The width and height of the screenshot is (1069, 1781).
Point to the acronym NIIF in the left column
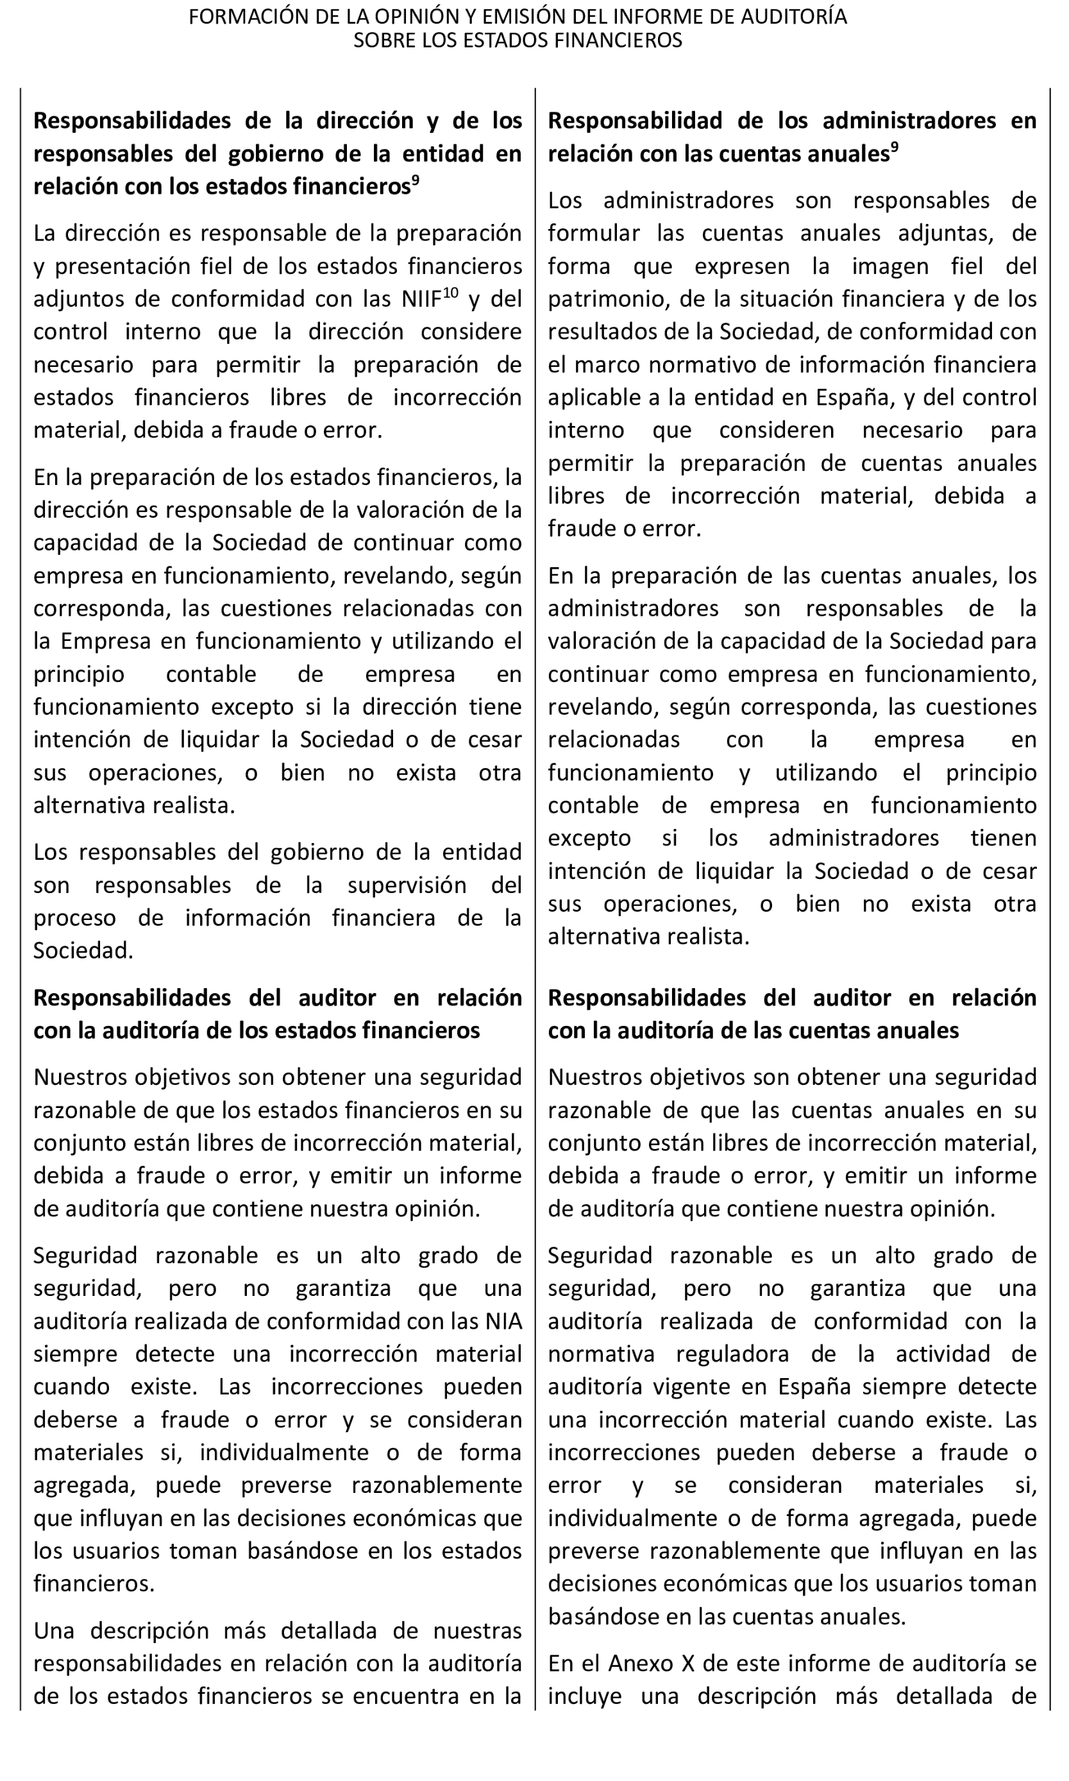click(x=421, y=299)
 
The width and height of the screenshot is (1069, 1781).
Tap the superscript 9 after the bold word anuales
click(x=894, y=148)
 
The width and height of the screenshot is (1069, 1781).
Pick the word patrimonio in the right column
click(x=601, y=299)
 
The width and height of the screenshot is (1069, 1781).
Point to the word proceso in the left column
click(x=74, y=918)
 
